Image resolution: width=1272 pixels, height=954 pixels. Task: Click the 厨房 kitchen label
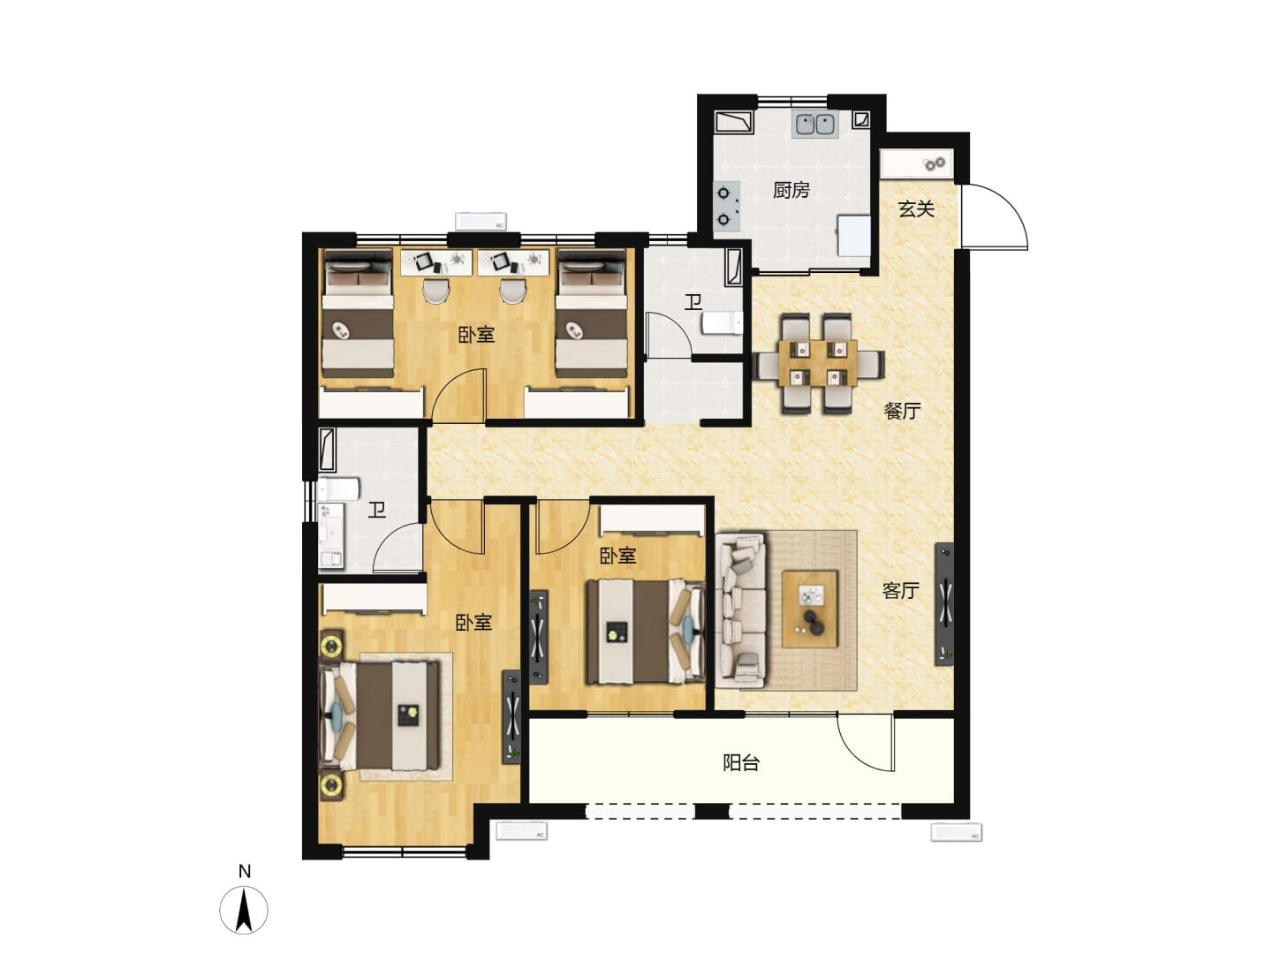click(791, 190)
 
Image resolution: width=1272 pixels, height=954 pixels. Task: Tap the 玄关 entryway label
click(916, 208)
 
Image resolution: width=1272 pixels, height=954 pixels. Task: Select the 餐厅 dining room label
click(902, 411)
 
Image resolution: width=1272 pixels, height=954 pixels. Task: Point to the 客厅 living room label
click(900, 590)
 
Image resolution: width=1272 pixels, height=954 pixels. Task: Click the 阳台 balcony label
click(741, 763)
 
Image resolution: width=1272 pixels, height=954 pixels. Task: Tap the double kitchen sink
click(815, 125)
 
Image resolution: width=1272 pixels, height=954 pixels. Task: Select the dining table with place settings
click(818, 363)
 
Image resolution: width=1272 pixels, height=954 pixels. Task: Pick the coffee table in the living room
click(809, 609)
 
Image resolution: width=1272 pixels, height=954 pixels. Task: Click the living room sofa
click(740, 610)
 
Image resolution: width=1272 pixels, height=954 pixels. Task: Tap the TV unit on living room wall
click(944, 604)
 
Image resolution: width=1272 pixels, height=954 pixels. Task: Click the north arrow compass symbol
click(244, 910)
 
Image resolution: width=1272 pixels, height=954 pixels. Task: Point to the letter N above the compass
click(245, 871)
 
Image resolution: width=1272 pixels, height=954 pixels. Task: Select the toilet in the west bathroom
click(338, 488)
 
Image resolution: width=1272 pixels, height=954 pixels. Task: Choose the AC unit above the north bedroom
click(481, 221)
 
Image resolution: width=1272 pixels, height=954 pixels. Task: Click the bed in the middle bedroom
click(645, 632)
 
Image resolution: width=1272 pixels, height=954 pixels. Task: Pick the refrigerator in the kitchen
click(854, 235)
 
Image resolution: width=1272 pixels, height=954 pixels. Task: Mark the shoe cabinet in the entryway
click(916, 164)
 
